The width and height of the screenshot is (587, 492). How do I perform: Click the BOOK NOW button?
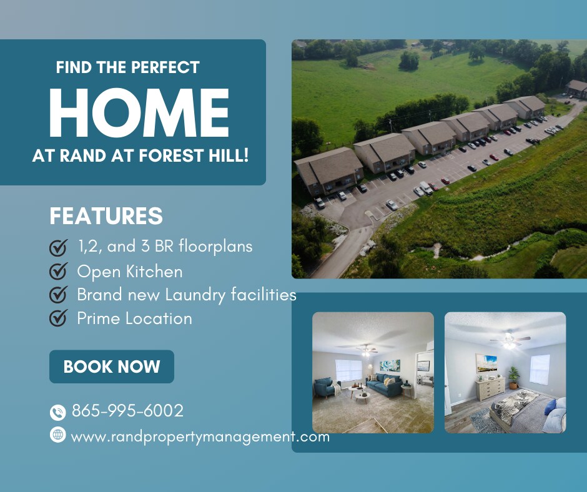click(112, 367)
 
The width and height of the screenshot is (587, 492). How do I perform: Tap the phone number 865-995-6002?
click(127, 411)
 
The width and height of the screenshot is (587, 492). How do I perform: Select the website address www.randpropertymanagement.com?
click(200, 437)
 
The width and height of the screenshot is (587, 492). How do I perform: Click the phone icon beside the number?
click(57, 412)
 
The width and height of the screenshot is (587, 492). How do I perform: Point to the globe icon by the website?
click(57, 435)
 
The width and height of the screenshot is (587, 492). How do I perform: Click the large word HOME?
click(139, 113)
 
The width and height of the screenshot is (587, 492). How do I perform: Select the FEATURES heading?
click(106, 215)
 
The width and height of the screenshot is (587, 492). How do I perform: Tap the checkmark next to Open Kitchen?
click(59, 271)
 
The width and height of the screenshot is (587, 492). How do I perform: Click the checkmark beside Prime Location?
click(59, 318)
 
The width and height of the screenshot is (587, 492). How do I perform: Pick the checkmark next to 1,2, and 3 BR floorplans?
click(59, 247)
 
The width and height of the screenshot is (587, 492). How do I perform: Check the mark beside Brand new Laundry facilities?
click(59, 294)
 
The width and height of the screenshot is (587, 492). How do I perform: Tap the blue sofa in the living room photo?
click(385, 385)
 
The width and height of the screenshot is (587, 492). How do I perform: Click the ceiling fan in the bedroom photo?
click(510, 340)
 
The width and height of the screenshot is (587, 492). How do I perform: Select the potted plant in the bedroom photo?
click(513, 377)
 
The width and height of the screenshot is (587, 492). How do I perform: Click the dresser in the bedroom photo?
click(491, 388)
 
